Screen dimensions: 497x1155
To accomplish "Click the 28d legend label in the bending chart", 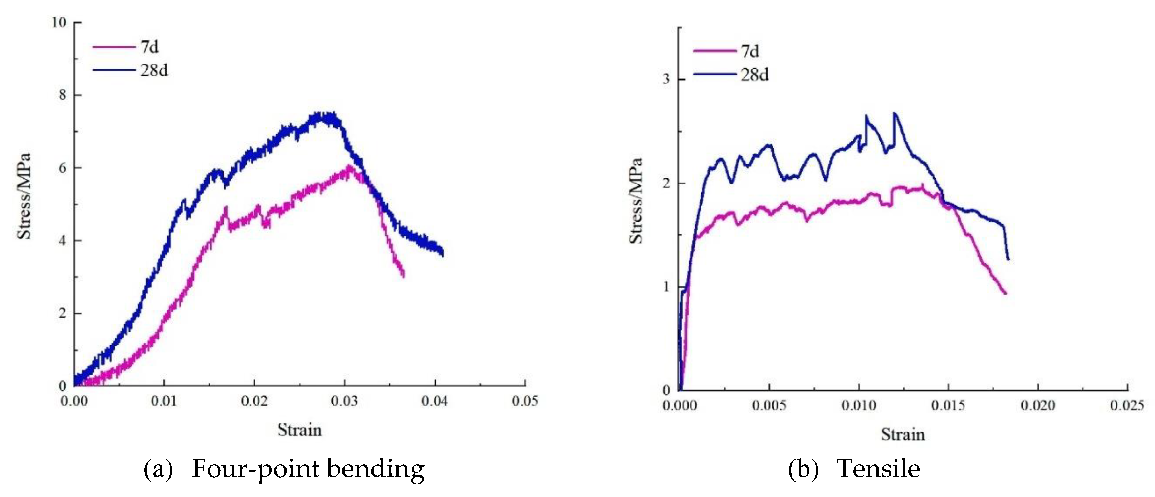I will click(x=154, y=70).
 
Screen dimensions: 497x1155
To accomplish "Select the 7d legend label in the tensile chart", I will click(x=750, y=51).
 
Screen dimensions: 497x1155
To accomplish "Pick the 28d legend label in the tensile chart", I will click(x=754, y=75).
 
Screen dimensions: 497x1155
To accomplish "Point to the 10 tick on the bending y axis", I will click(x=59, y=23).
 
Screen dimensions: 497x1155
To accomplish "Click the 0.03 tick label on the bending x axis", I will click(x=344, y=401).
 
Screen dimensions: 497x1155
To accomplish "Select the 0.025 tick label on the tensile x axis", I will click(x=1126, y=405).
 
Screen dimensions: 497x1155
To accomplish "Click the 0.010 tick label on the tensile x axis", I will click(x=859, y=405).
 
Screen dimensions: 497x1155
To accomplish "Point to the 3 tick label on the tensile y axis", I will click(x=666, y=79).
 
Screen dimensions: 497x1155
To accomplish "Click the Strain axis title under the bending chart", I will click(x=299, y=430).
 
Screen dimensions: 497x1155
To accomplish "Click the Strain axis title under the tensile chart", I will click(x=903, y=434).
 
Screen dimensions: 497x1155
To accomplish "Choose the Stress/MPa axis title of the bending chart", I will click(x=24, y=196).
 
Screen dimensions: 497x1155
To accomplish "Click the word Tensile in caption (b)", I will click(x=878, y=469).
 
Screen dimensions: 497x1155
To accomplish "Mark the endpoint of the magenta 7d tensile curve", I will click(x=1006, y=294).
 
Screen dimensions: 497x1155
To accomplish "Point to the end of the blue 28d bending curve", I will click(x=443, y=255).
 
